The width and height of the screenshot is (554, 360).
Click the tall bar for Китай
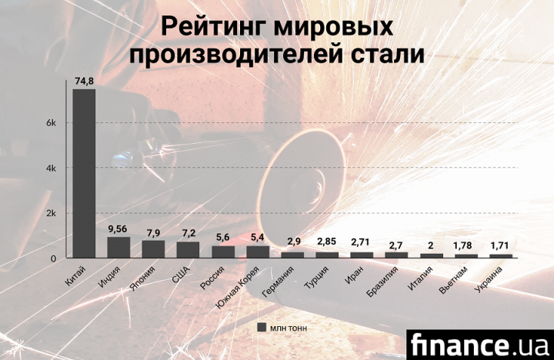pos(83,173)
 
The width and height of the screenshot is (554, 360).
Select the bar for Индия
pos(118,247)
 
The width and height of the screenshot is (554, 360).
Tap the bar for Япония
pos(153,249)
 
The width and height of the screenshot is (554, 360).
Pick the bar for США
pos(188,250)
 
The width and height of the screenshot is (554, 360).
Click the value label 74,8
pos(83,80)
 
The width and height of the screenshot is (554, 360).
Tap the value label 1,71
pos(501,245)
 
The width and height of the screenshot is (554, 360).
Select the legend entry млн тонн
pos(284,328)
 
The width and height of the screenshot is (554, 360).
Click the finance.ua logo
pos(477,342)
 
